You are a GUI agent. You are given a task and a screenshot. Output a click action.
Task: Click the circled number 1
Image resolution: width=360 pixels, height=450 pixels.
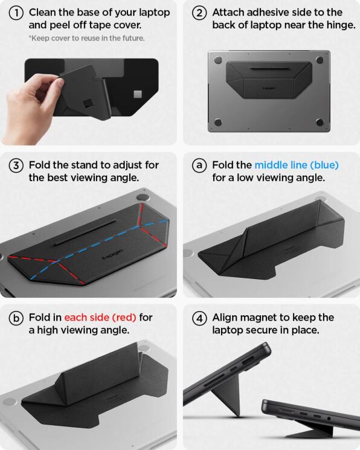click(17, 13)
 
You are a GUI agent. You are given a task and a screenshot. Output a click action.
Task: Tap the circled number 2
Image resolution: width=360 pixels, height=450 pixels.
click(200, 13)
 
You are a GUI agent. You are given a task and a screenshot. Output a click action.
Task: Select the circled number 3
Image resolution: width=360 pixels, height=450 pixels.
click(17, 165)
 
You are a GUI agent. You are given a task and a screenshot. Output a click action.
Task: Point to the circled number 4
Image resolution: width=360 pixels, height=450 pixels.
click(200, 318)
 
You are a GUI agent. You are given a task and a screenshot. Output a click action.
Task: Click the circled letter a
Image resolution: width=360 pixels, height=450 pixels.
click(200, 165)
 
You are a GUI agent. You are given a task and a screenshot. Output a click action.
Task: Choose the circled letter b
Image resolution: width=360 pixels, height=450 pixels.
click(17, 318)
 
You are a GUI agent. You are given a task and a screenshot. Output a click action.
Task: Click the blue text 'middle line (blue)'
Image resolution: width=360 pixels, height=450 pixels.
click(296, 165)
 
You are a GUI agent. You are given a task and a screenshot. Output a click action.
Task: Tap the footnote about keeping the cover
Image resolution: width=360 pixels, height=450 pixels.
click(86, 38)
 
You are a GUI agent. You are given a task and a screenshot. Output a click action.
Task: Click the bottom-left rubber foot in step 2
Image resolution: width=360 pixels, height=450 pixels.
click(218, 123)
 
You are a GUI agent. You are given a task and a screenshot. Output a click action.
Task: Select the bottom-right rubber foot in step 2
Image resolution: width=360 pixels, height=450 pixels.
click(320, 123)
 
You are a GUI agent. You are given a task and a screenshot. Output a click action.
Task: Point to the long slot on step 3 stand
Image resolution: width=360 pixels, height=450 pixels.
click(85, 233)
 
